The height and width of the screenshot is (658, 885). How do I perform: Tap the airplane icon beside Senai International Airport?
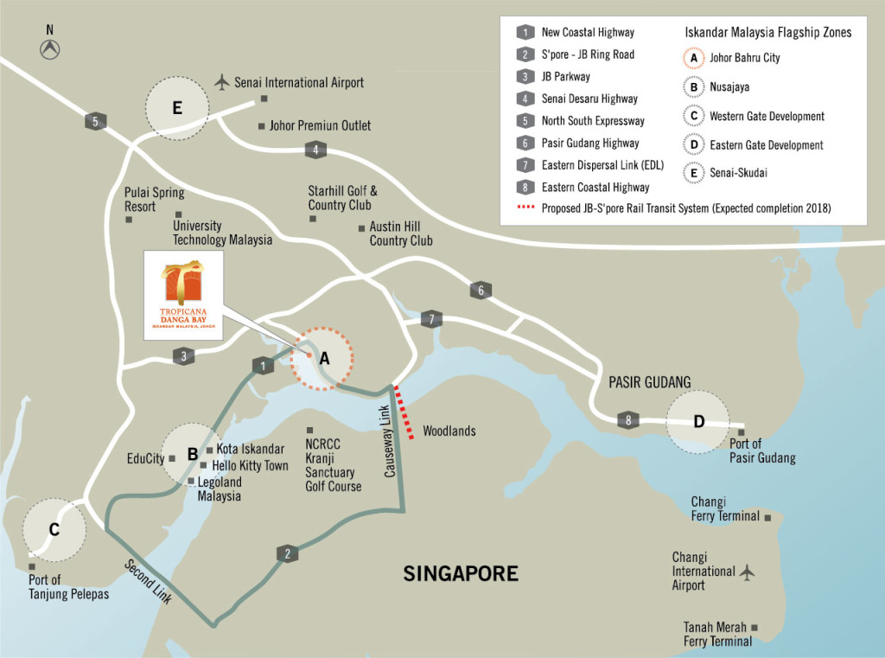(222, 82)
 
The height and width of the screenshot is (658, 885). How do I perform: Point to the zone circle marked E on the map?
(177, 108)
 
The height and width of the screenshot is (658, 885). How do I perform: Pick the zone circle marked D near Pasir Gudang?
(698, 422)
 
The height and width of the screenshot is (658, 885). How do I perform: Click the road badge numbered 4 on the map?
(316, 150)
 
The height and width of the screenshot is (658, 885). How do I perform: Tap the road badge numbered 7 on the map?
(431, 320)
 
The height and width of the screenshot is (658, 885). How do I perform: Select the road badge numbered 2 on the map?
(286, 553)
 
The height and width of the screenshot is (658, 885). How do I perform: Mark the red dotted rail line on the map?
(404, 414)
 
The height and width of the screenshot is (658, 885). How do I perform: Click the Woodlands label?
(449, 431)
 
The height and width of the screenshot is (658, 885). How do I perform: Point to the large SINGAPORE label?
(461, 573)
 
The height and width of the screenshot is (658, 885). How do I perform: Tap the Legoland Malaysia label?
(219, 489)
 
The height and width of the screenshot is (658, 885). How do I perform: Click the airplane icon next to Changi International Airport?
(748, 572)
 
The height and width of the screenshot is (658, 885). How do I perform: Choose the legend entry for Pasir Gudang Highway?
(589, 143)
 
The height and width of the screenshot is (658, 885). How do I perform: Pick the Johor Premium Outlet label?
(320, 126)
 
